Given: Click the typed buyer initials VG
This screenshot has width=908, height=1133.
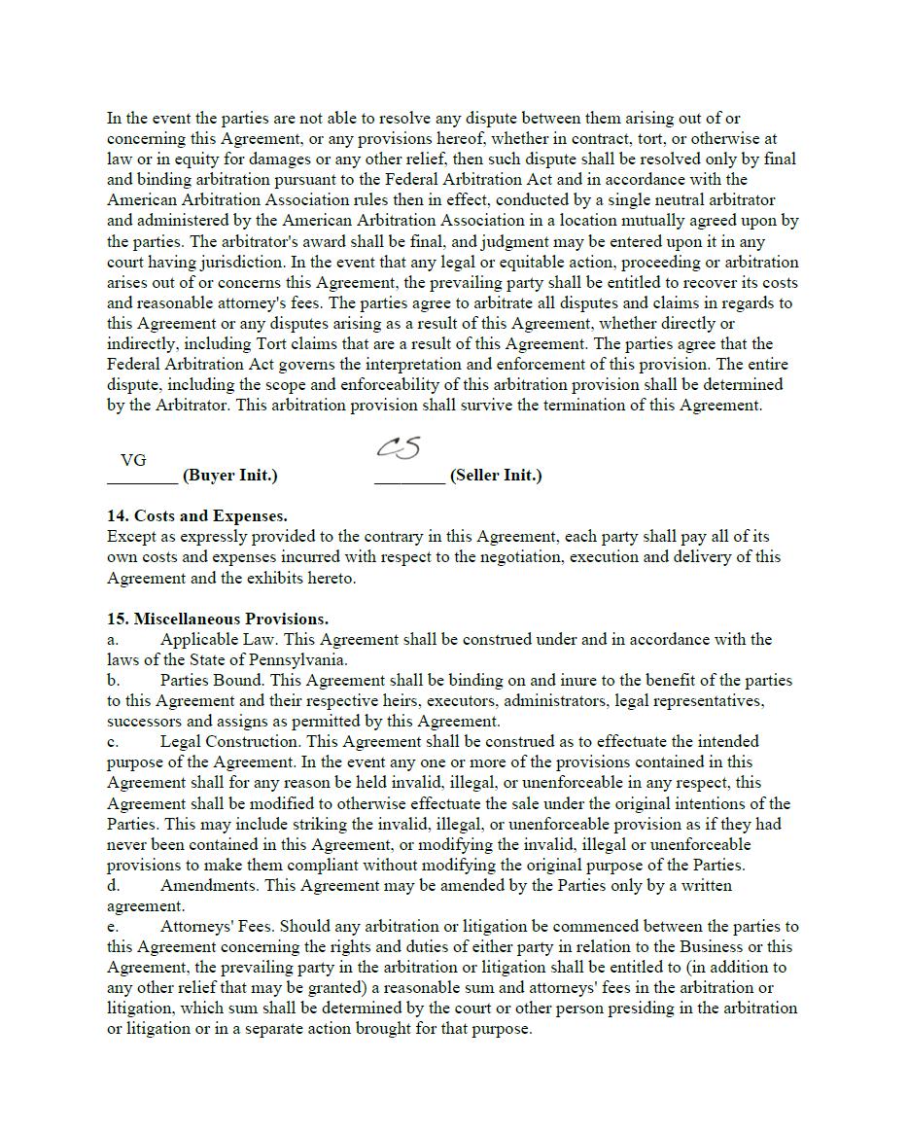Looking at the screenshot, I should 133,460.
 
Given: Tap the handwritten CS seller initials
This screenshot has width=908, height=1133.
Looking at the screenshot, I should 399,447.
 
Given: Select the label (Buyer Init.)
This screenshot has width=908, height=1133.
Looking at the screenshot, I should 229,476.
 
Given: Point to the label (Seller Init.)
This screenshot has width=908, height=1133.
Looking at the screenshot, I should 496,476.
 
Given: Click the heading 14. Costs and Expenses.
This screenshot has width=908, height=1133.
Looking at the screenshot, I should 196,515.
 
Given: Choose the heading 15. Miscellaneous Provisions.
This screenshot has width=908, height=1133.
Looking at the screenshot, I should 218,619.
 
